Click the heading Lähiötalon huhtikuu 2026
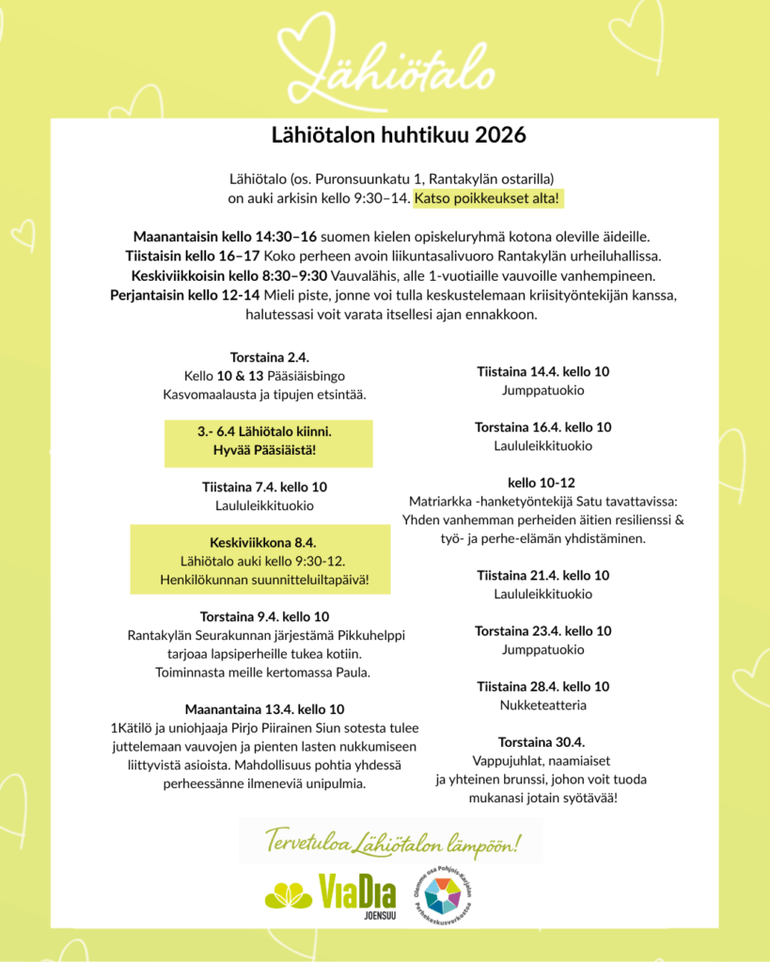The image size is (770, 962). (385, 134)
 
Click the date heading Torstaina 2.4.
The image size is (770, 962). (270, 357)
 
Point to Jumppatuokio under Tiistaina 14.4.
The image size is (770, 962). (543, 390)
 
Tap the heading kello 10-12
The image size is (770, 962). (542, 482)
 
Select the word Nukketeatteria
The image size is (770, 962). (543, 705)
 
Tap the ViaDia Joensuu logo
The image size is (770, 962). (330, 893)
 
